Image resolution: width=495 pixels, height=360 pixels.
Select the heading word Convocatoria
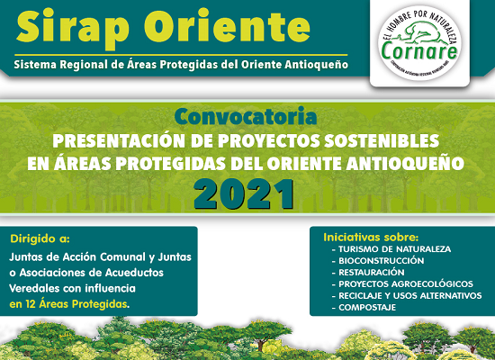pos(247,118)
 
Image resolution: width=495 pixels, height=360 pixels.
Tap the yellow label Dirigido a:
pos(40,239)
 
